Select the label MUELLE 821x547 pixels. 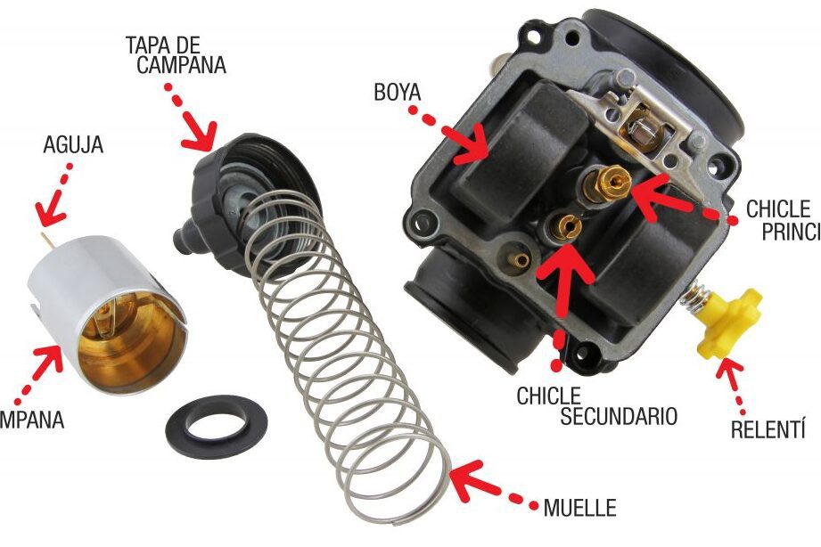point(579,510)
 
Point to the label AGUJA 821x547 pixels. point(73,144)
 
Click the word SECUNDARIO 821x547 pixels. point(619,415)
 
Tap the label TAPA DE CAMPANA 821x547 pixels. point(176,54)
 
